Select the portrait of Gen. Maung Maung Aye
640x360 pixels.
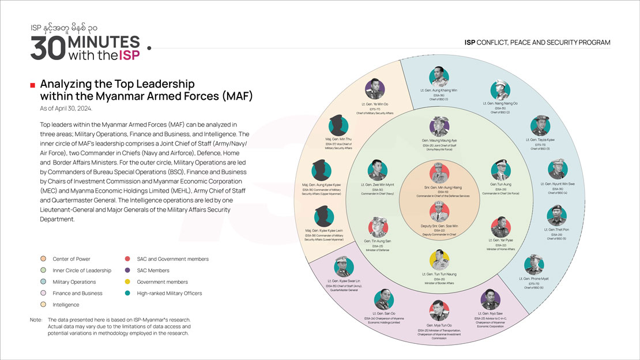coord(439,126)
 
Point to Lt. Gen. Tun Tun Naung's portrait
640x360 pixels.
coord(439,260)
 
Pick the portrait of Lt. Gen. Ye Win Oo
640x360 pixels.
coord(375,89)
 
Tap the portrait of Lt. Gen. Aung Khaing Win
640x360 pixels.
coord(439,77)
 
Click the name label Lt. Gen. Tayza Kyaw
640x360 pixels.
coord(540,140)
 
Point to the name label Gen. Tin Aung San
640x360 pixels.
coord(377,241)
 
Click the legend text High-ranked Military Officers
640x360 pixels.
coord(170,294)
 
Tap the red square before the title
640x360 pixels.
coord(33,85)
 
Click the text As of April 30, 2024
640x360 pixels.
coord(66,108)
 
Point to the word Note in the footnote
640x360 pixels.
coord(36,320)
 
